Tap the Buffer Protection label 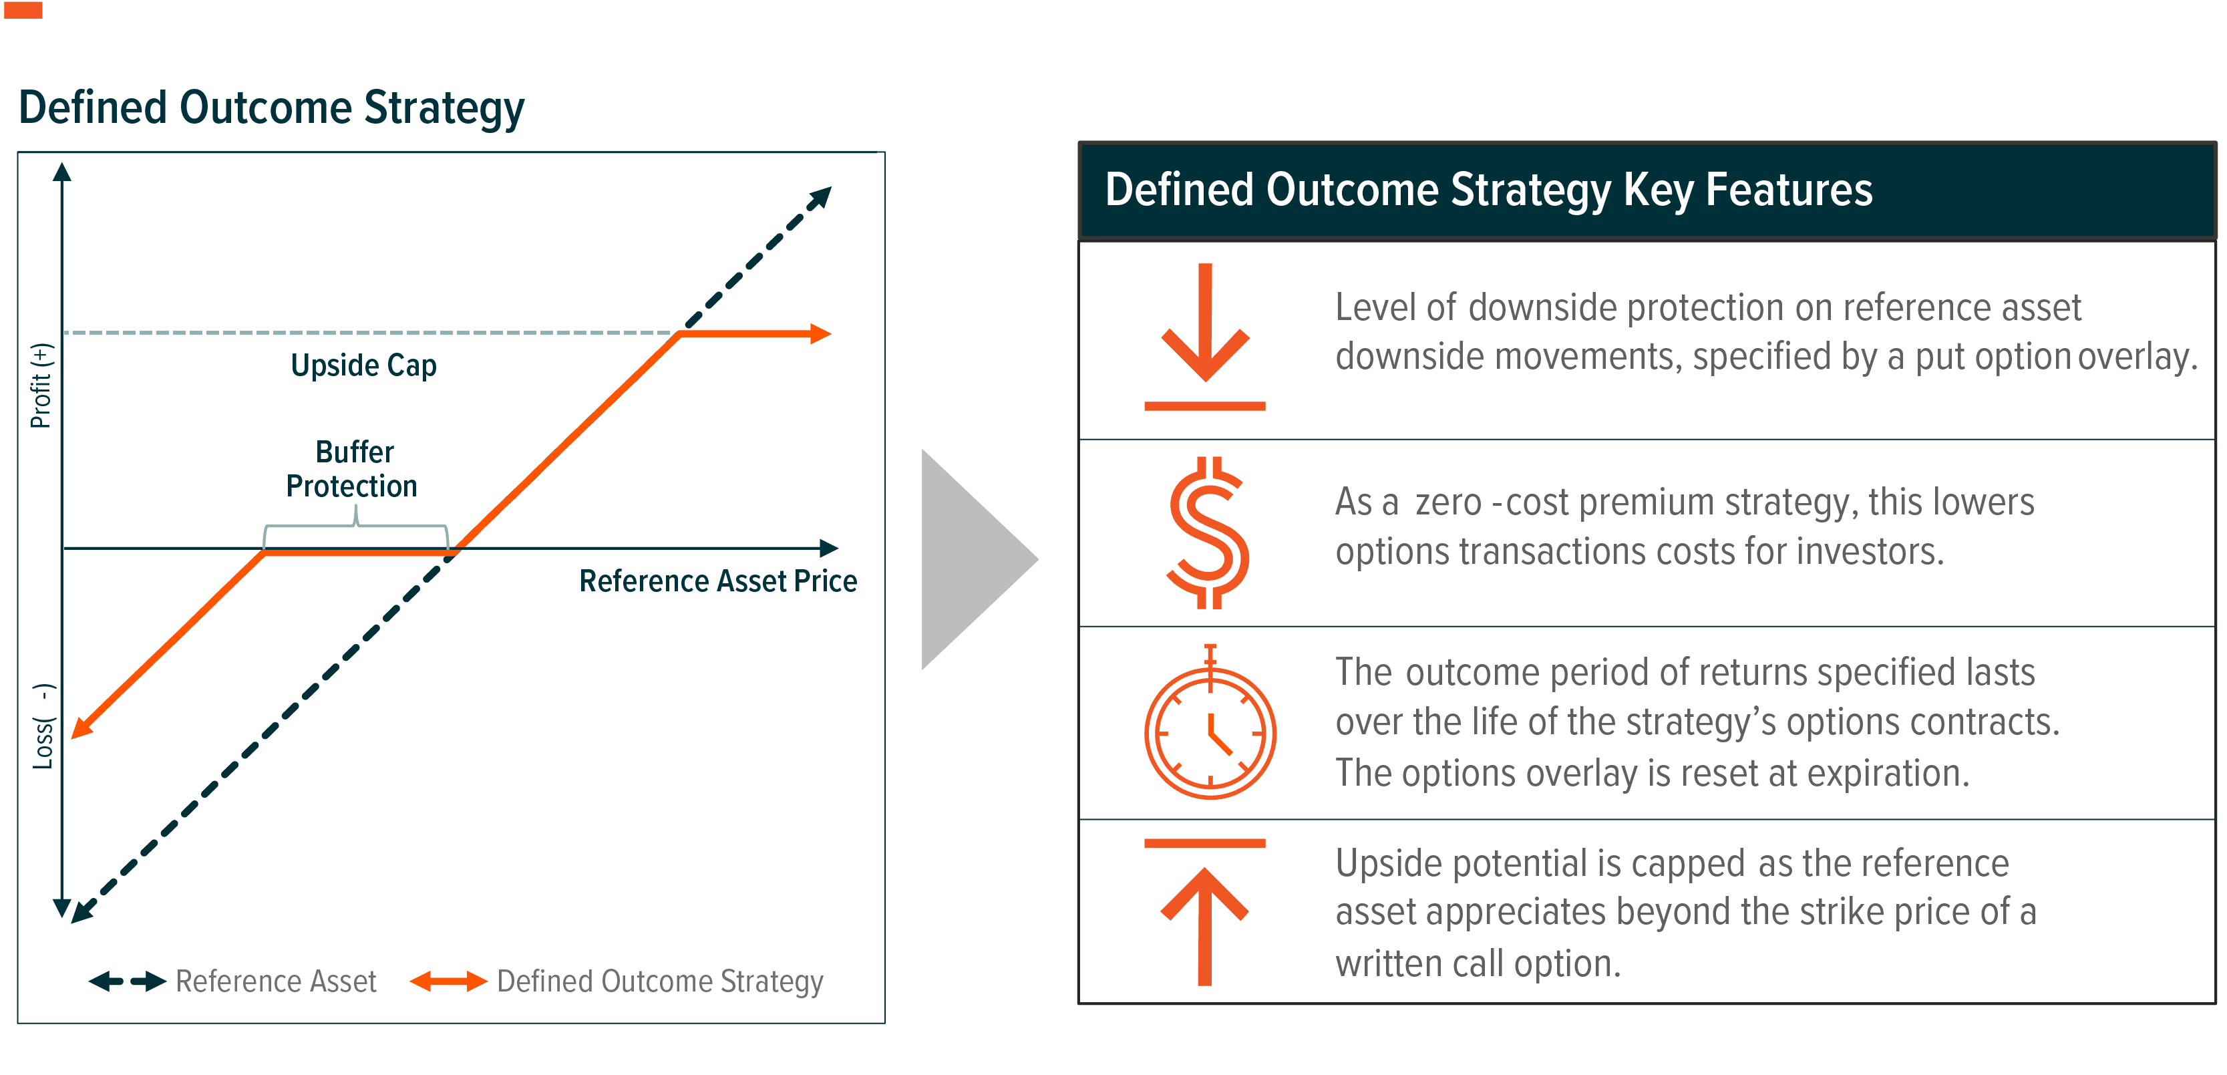[x=353, y=469]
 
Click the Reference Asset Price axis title [x=717, y=581]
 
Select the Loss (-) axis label [x=43, y=726]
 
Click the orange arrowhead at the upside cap [x=820, y=334]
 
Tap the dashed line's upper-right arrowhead [x=819, y=198]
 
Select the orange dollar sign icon [x=1208, y=532]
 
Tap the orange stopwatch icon [x=1210, y=726]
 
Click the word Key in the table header [x=1657, y=190]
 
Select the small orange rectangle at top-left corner [x=23, y=11]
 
